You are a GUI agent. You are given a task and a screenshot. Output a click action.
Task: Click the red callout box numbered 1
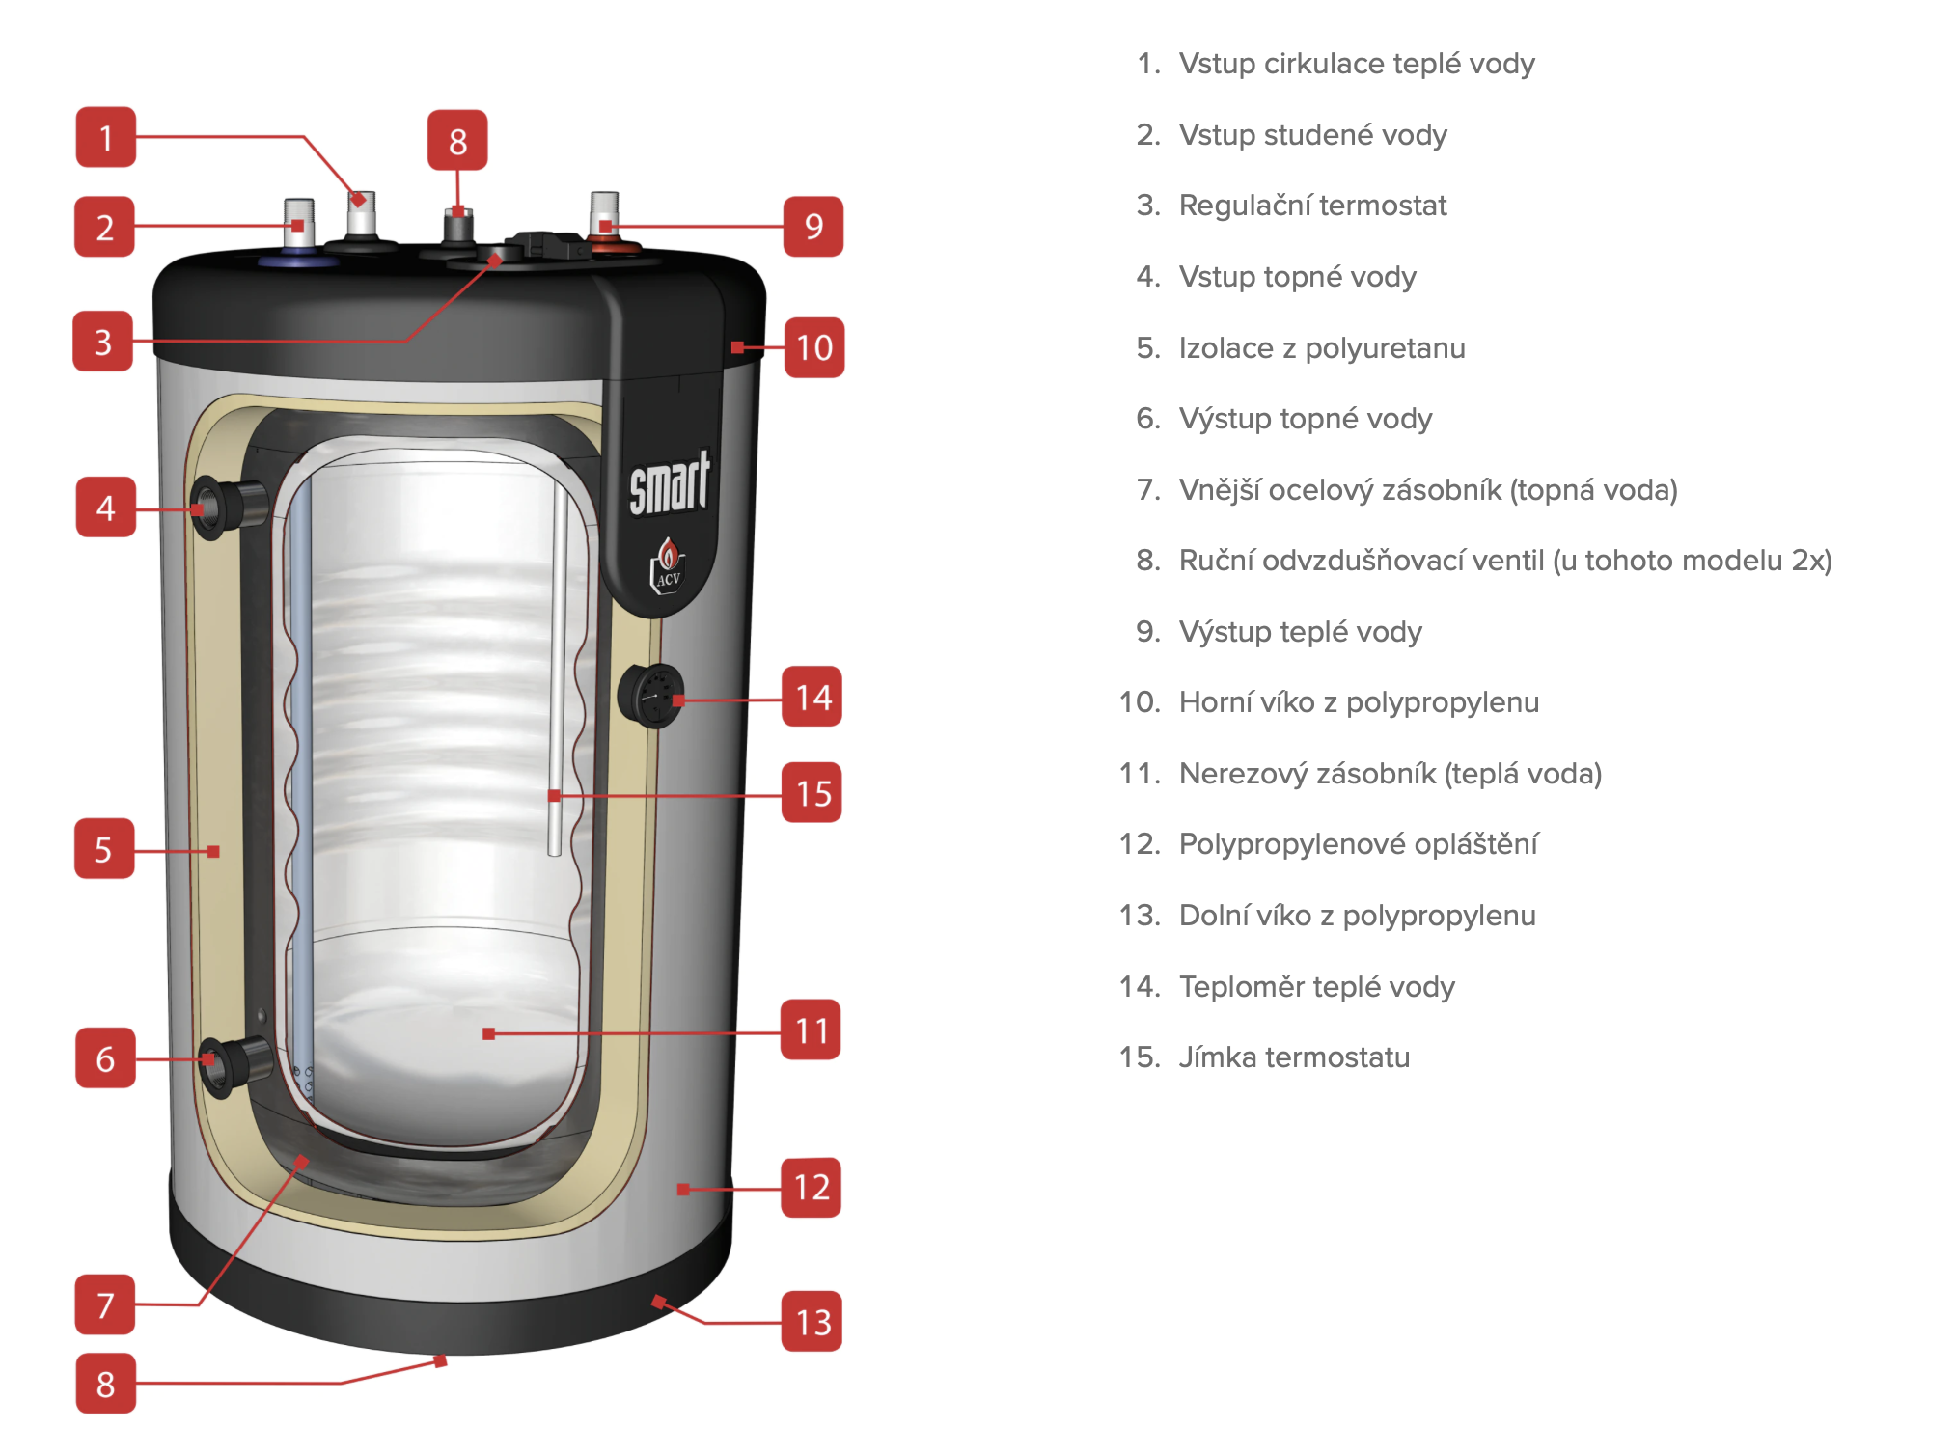[x=106, y=137]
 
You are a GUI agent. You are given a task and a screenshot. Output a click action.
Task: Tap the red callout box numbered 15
[x=812, y=792]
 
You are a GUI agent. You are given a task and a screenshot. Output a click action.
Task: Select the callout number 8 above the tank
[x=457, y=141]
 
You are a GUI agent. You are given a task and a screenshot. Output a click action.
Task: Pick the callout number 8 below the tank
[x=105, y=1384]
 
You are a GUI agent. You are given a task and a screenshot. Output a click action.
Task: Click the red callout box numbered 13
[x=812, y=1321]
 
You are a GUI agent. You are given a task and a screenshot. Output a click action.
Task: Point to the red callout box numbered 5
[x=104, y=849]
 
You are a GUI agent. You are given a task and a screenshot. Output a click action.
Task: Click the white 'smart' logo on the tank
[x=669, y=484]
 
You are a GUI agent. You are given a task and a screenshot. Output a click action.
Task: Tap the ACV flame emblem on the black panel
[x=668, y=564]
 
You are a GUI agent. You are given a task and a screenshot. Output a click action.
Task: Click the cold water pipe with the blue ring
[x=298, y=232]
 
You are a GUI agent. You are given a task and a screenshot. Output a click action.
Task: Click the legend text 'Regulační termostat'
[x=1312, y=206]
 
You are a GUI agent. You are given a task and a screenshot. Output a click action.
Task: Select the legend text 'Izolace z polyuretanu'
[x=1321, y=347]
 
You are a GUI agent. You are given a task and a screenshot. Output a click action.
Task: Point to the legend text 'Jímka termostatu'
[x=1294, y=1057]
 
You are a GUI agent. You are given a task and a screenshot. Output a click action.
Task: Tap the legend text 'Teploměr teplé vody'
[x=1316, y=986]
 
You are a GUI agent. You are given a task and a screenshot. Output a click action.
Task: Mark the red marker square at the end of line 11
[x=488, y=1033]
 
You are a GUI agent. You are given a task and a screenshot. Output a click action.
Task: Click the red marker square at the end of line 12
[x=683, y=1189]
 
